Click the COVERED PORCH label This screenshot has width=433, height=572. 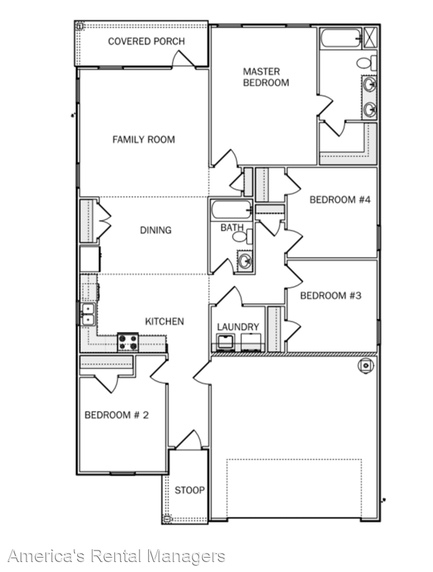click(146, 41)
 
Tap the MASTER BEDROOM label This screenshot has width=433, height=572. click(266, 77)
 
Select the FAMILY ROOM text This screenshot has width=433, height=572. click(144, 139)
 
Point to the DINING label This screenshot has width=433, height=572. click(155, 230)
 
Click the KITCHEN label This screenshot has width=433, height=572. click(164, 321)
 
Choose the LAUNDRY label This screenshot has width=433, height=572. click(238, 327)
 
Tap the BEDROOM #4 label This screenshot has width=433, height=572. click(340, 200)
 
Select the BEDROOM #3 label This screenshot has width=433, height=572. click(331, 296)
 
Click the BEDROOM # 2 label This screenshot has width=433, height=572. click(116, 415)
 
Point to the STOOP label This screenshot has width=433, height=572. click(189, 490)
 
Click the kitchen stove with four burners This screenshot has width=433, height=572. click(128, 343)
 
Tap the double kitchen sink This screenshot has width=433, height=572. click(87, 313)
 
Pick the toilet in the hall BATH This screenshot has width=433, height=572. click(242, 237)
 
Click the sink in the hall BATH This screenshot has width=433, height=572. click(244, 260)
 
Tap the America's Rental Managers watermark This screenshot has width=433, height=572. click(117, 557)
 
